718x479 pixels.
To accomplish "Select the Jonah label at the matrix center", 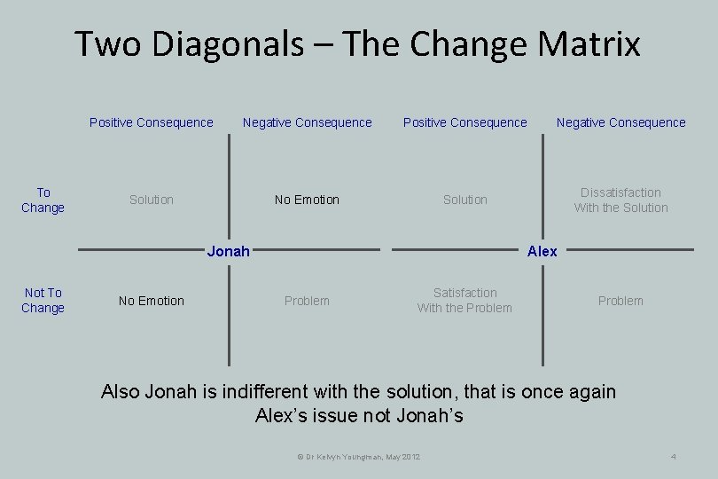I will click(228, 251).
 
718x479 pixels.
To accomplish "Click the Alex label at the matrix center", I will click(542, 251).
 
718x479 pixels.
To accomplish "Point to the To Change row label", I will click(43, 200).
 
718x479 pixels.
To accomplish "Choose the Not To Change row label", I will click(43, 300).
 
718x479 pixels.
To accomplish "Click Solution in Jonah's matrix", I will click(152, 200).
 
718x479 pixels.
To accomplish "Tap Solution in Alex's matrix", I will click(465, 200).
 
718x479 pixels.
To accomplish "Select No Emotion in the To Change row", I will click(307, 200).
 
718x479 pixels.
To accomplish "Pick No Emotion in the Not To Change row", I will click(152, 301).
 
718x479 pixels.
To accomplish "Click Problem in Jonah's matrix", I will click(307, 301).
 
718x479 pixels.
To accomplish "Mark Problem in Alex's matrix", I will click(620, 301).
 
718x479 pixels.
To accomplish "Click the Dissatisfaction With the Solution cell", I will click(620, 200).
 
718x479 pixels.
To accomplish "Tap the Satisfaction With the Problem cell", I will click(465, 300).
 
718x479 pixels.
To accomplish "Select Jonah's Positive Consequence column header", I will click(152, 122).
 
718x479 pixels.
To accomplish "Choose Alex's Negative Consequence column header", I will click(620, 122).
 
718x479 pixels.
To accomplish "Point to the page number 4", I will click(674, 456).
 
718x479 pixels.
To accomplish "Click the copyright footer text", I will click(359, 456).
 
